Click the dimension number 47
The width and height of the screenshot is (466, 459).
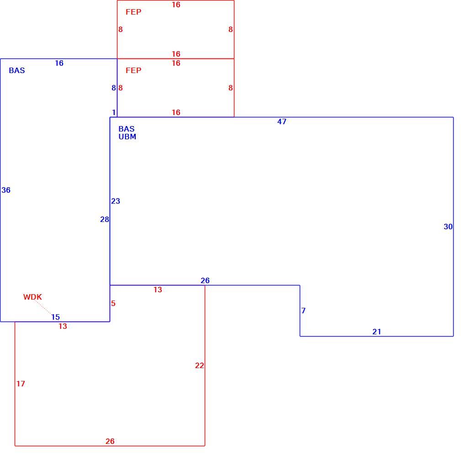click(282, 121)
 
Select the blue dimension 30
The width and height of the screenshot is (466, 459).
click(448, 227)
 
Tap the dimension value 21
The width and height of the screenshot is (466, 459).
click(376, 332)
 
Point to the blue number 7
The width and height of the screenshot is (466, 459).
click(303, 311)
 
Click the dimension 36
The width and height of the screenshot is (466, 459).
click(6, 190)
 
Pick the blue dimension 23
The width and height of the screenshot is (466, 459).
click(116, 201)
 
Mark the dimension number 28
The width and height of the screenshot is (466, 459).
click(105, 219)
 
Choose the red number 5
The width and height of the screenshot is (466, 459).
click(113, 303)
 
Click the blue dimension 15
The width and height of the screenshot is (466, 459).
click(56, 317)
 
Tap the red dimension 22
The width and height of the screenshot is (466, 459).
click(199, 365)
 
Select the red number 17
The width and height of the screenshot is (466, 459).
click(21, 384)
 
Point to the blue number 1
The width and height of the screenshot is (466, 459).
click(113, 113)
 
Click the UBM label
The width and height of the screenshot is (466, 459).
click(127, 137)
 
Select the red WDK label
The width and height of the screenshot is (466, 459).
click(33, 297)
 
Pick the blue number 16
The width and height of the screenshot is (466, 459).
click(59, 63)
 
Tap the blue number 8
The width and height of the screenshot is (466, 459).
click(113, 88)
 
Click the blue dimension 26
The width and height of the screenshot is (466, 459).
click(205, 280)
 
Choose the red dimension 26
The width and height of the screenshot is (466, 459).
click(110, 441)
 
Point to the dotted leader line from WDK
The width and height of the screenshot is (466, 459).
click(43, 307)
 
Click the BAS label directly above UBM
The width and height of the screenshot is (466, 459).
click(126, 129)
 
